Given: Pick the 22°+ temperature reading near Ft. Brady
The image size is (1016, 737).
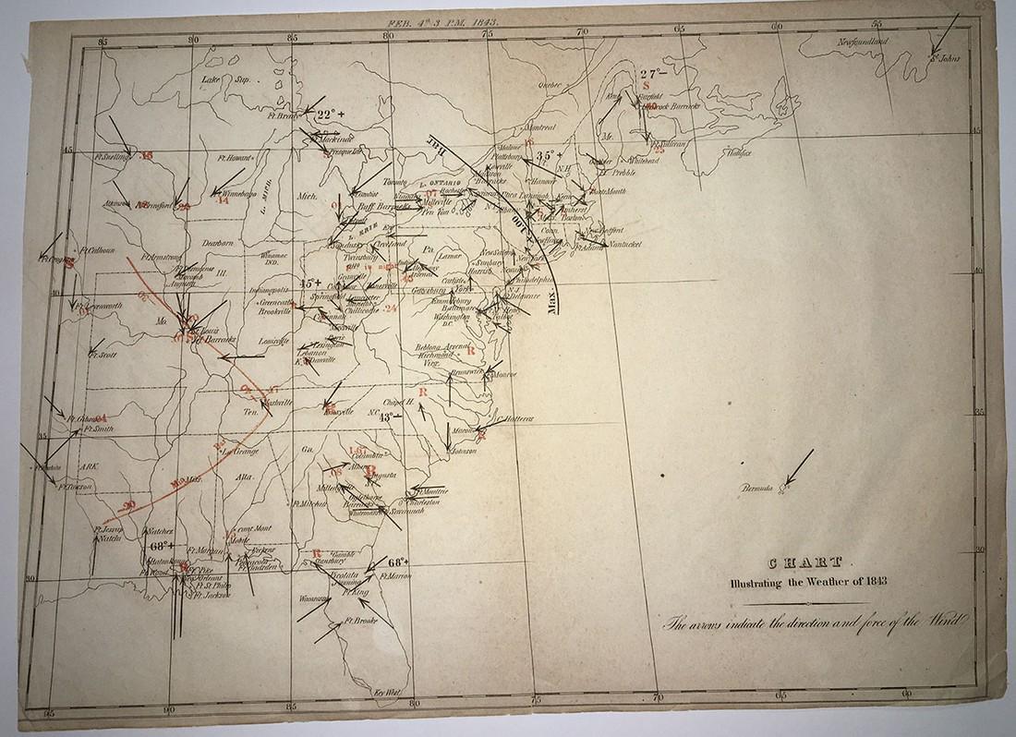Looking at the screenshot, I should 327,115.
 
